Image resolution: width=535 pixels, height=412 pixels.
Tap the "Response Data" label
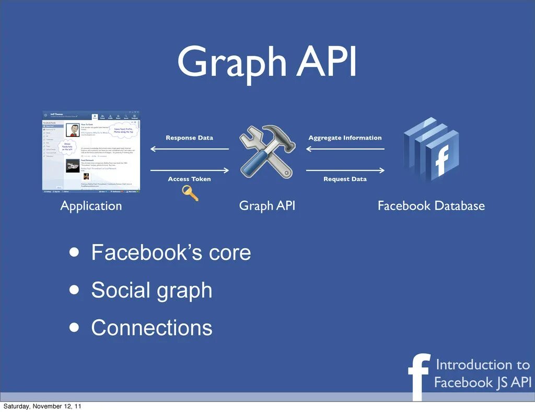click(189, 138)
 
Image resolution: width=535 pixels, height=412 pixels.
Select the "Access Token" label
click(189, 179)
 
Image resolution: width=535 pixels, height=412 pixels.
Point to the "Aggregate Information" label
click(345, 138)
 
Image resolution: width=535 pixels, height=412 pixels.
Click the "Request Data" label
click(345, 179)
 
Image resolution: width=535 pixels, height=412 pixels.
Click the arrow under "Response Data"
click(189, 149)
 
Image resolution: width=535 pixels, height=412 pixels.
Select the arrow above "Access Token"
click(189, 170)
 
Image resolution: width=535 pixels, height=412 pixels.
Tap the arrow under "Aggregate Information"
click(345, 149)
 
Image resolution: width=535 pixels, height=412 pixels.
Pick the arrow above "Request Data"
click(345, 170)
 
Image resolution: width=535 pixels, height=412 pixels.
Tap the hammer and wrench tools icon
click(267, 152)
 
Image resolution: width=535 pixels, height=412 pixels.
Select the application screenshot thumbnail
click(91, 152)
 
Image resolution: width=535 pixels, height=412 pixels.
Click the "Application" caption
click(91, 206)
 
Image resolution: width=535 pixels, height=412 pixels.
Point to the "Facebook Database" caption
click(431, 206)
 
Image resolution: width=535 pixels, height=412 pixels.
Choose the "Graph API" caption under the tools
click(267, 206)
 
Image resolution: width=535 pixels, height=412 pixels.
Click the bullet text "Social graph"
click(152, 290)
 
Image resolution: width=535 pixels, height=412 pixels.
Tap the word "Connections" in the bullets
click(152, 328)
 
